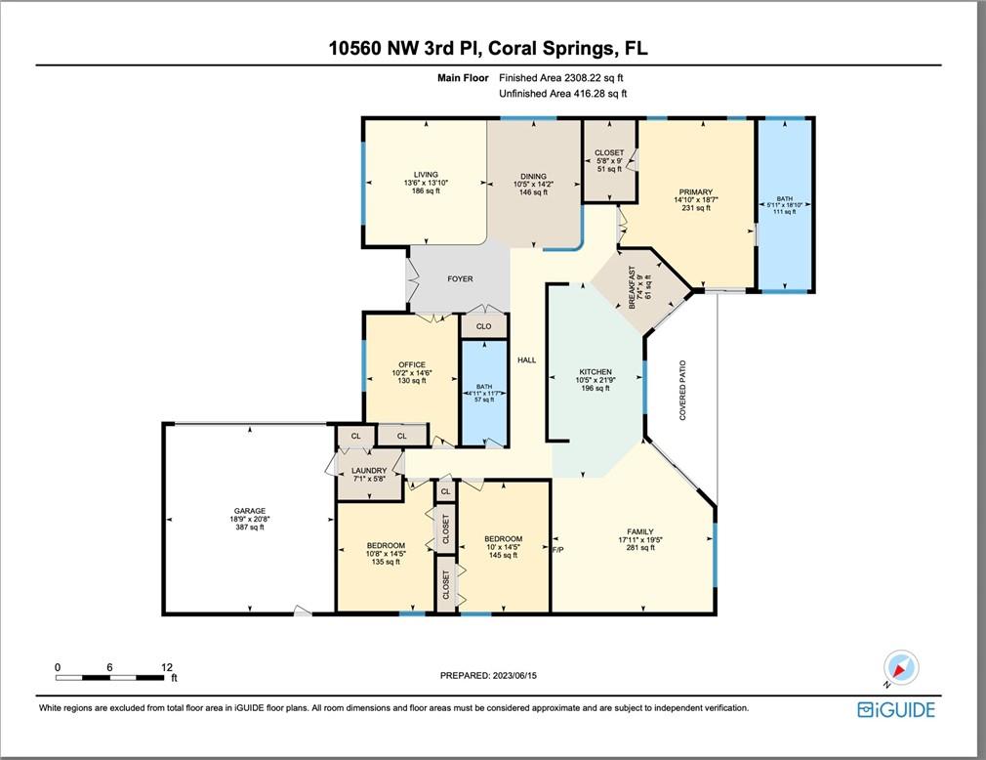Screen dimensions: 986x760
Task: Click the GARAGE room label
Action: click(250, 511)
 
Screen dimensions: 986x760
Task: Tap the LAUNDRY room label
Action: click(369, 471)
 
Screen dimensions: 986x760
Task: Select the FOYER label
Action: click(461, 278)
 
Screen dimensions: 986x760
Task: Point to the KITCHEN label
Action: click(596, 372)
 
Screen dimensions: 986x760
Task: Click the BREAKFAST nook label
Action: click(633, 287)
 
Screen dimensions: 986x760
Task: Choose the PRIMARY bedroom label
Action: click(695, 191)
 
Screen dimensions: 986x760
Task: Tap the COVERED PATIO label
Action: click(683, 390)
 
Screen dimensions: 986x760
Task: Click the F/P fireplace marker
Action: click(557, 550)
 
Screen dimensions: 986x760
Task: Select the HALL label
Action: click(527, 359)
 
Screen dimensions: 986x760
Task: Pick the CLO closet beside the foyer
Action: click(483, 326)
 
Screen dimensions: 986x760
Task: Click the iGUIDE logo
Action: click(896, 709)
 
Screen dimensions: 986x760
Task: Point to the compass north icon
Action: click(900, 668)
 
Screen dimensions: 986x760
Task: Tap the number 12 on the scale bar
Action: click(167, 667)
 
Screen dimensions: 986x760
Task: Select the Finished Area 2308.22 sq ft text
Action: click(561, 78)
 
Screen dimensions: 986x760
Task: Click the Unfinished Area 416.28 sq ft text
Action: click(562, 94)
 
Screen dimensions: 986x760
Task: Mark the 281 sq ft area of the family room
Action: click(640, 547)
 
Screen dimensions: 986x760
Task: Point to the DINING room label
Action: click(533, 176)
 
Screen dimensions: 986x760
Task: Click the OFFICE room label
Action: click(412, 365)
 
